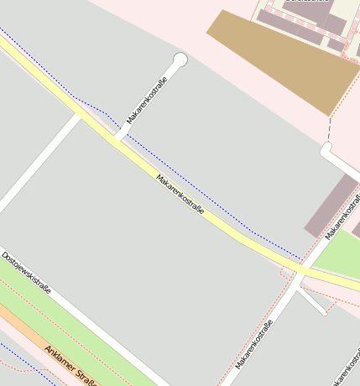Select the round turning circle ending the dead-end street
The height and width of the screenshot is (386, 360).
pos(180,60)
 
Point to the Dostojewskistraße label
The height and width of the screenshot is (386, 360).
pos(26,273)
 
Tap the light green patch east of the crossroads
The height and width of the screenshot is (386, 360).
pos(340,257)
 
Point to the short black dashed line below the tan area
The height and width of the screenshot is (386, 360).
pos(331,129)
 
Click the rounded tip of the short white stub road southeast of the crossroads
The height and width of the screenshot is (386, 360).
pos(324,312)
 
